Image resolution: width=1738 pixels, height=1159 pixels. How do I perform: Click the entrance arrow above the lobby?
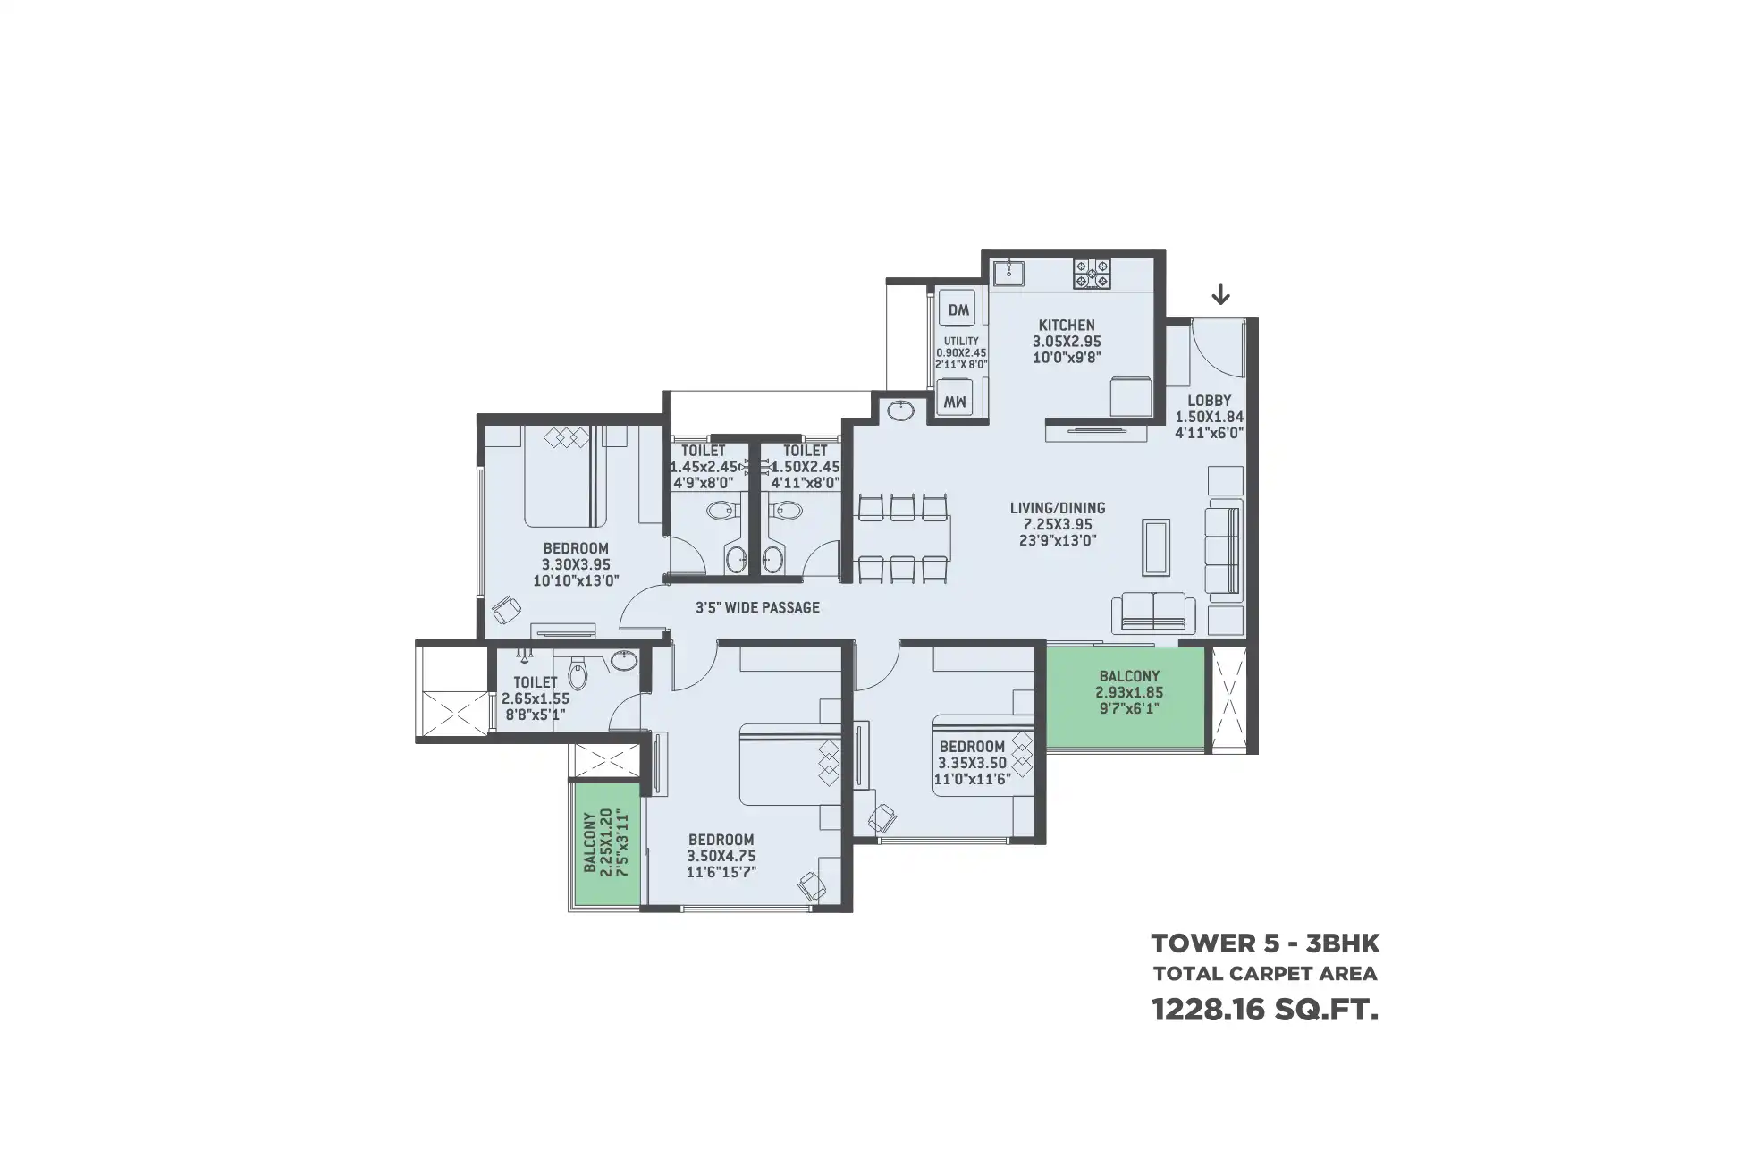[1220, 294]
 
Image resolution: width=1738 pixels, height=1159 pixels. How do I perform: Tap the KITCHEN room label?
[1067, 326]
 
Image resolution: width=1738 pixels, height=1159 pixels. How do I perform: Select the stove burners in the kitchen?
[1093, 274]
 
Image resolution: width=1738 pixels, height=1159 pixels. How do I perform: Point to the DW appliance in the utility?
[958, 310]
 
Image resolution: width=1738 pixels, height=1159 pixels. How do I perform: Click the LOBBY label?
[1210, 401]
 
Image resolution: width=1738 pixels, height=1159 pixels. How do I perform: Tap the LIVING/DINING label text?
[1058, 508]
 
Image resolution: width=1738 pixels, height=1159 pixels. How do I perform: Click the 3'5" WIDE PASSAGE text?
[757, 608]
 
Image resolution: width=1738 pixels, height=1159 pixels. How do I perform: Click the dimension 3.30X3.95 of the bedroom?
[576, 564]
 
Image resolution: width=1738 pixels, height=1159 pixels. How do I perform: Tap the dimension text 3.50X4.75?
[721, 856]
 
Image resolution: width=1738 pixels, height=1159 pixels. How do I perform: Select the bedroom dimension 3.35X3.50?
[972, 763]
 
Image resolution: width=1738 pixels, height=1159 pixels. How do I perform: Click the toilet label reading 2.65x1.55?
[536, 699]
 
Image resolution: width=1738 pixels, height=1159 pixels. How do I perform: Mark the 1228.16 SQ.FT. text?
[1265, 1011]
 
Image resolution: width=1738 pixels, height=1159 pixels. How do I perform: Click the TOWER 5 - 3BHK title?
[1265, 943]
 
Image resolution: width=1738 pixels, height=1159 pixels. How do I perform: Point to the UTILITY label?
[961, 341]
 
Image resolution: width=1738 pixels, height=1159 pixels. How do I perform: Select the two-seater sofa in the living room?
[1153, 613]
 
